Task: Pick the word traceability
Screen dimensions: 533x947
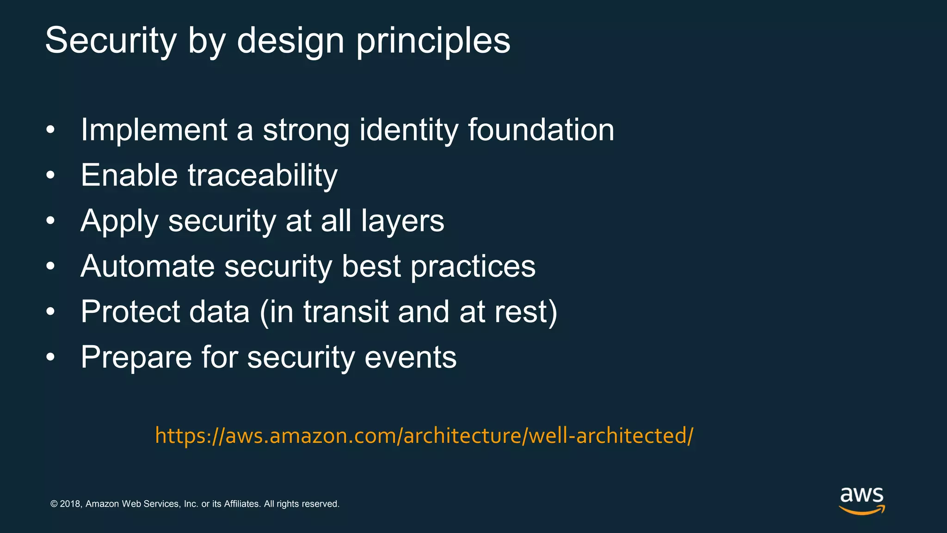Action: [x=263, y=176]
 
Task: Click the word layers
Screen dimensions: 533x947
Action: [x=402, y=221]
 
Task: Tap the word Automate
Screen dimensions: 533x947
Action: [x=148, y=266]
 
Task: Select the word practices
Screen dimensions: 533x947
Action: [x=473, y=266]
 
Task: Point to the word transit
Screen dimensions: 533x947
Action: [x=345, y=311]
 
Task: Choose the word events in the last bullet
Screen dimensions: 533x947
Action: [x=410, y=357]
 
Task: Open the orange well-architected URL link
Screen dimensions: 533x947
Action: [x=424, y=436]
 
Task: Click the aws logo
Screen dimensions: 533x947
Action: [x=861, y=500]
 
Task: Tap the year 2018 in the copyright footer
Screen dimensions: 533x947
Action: [x=70, y=504]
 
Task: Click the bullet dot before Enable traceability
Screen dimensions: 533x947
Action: [x=50, y=176]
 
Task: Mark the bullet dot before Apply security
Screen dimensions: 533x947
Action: [x=50, y=221]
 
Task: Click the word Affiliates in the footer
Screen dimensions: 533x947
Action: [x=242, y=504]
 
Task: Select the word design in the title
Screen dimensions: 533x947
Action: [x=290, y=41]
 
